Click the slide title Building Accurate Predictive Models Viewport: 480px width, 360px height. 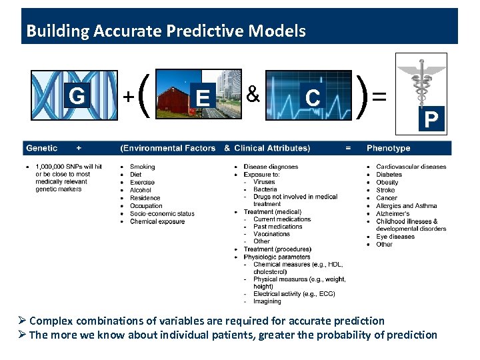tap(165, 31)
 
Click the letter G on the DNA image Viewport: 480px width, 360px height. tap(77, 97)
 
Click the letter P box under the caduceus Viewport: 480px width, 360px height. tap(431, 120)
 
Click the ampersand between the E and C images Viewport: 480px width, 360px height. tap(253, 95)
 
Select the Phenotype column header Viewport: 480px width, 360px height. tap(388, 148)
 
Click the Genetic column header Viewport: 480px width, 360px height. tap(41, 148)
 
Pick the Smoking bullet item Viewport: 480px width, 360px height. tap(142, 167)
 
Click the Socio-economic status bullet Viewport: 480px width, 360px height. tap(162, 213)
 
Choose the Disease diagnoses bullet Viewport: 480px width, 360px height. tap(271, 167)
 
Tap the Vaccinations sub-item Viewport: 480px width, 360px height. tap(271, 234)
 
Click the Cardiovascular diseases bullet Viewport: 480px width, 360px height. tap(411, 167)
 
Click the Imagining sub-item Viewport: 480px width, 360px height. tap(267, 301)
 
